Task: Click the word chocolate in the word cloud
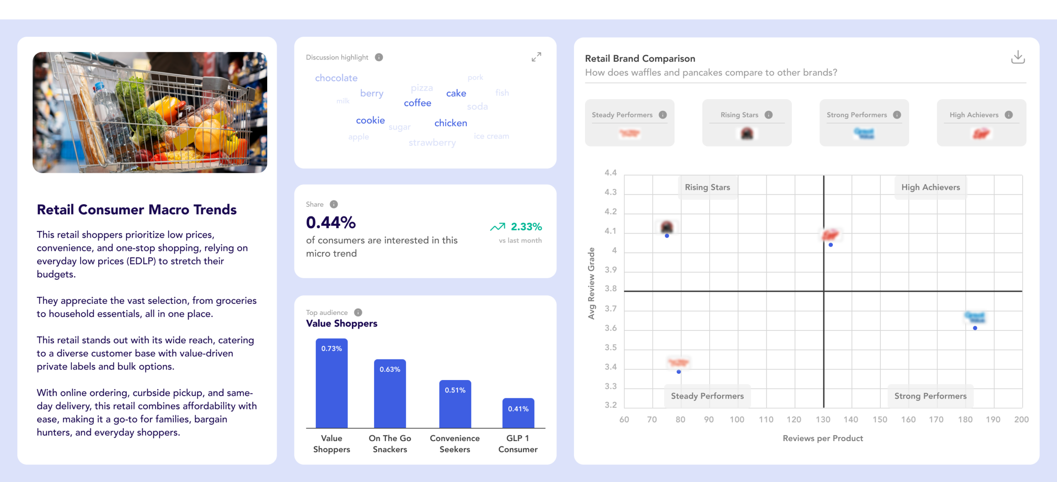click(x=336, y=78)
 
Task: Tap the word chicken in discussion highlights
click(x=450, y=123)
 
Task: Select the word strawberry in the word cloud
click(x=432, y=143)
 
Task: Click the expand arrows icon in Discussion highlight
click(x=536, y=57)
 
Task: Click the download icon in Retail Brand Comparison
click(x=1018, y=57)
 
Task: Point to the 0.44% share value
click(x=331, y=223)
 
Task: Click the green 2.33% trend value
click(x=526, y=227)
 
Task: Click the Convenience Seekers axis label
click(x=455, y=444)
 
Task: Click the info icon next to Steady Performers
click(x=663, y=115)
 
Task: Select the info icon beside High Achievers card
click(x=1009, y=115)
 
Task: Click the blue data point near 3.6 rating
click(x=975, y=328)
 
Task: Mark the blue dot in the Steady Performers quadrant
click(x=679, y=372)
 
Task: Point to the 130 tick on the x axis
click(x=822, y=420)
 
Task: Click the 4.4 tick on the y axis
click(x=610, y=172)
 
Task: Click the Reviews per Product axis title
click(x=822, y=438)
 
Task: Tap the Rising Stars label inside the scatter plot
click(x=707, y=187)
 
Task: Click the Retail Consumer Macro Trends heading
click(x=137, y=210)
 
